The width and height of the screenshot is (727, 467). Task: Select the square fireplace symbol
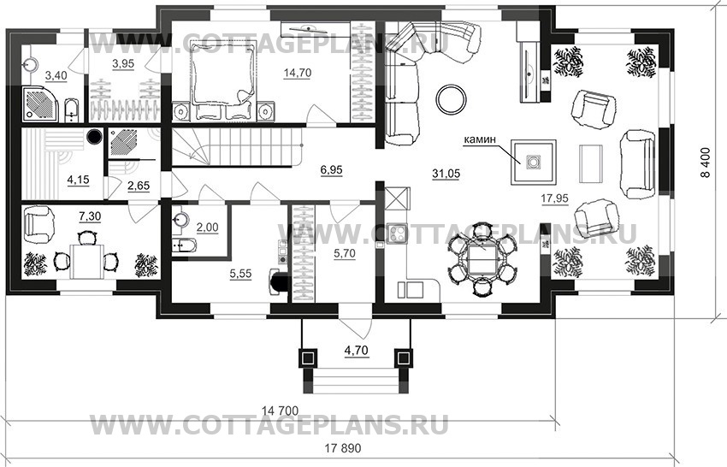pyautogui.click(x=531, y=161)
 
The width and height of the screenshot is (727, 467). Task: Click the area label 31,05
pyautogui.click(x=446, y=174)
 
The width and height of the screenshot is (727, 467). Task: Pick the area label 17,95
pyautogui.click(x=556, y=198)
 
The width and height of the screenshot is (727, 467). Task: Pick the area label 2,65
pyautogui.click(x=139, y=185)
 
